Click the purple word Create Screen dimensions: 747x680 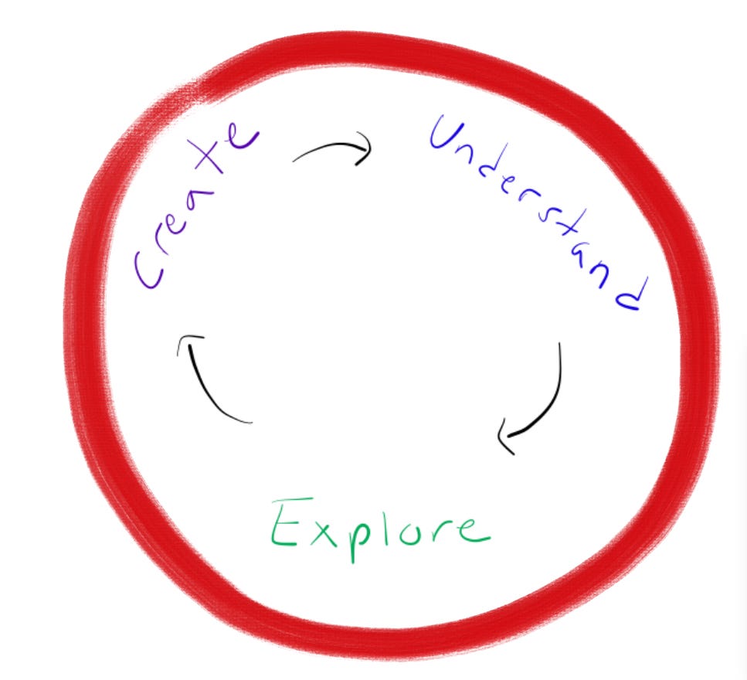(193, 205)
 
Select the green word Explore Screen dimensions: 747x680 (379, 527)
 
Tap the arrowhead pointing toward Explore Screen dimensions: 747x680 (506, 437)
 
